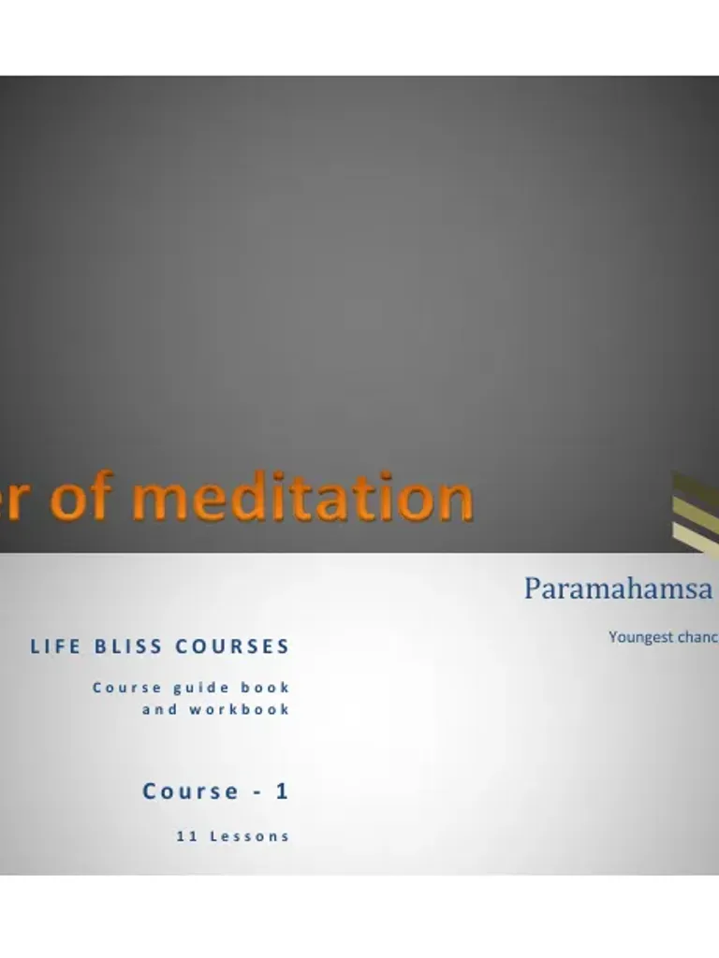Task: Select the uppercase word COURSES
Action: pyautogui.click(x=232, y=646)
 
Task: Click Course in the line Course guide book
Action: pyautogui.click(x=126, y=687)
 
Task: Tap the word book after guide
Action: pyautogui.click(x=266, y=687)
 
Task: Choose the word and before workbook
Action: pyautogui.click(x=159, y=709)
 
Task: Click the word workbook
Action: pyautogui.click(x=240, y=709)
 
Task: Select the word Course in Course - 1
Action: pyautogui.click(x=191, y=791)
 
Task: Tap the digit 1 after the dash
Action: pyautogui.click(x=282, y=791)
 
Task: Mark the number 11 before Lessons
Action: pyautogui.click(x=185, y=836)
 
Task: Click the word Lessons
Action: pyautogui.click(x=249, y=836)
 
